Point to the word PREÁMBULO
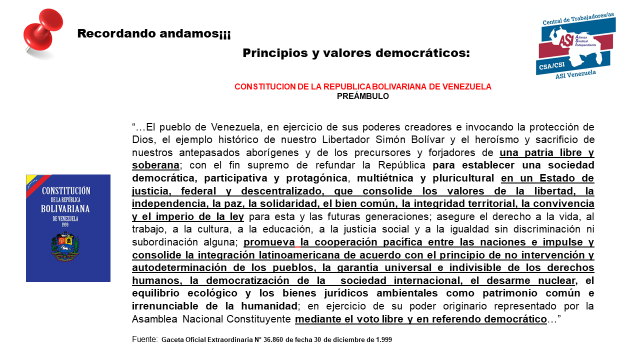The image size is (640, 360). (x=363, y=97)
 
